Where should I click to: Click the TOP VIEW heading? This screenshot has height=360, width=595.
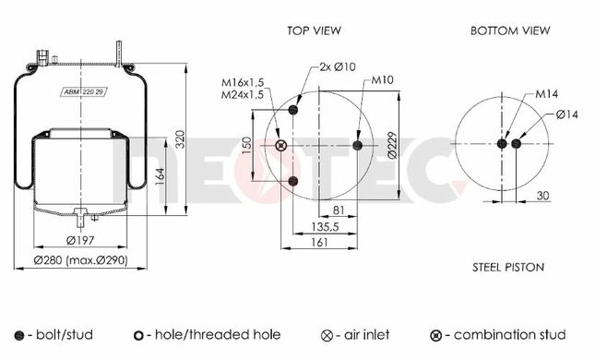coord(314,30)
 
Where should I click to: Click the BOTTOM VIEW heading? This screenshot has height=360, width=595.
coord(510,30)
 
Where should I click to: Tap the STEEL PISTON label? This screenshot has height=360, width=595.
coord(508,268)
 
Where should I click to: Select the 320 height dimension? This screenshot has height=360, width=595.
coord(180,139)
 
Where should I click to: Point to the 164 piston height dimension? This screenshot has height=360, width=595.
coord(160,176)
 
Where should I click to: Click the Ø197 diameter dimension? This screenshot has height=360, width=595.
coord(80,240)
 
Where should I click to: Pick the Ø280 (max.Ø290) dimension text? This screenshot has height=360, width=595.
coord(81,260)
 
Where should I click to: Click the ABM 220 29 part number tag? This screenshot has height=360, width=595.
coord(83,92)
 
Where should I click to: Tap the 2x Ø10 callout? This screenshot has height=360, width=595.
coord(338,66)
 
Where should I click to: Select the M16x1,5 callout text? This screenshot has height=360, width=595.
coord(243,82)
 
